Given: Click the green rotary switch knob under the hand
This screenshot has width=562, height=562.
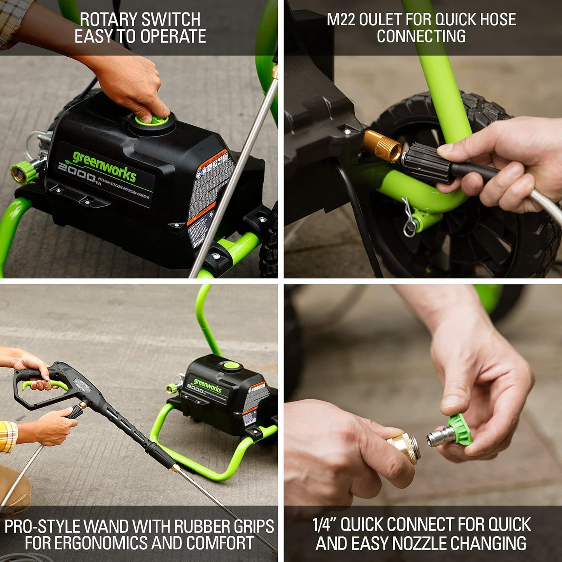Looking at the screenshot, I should point(152,119).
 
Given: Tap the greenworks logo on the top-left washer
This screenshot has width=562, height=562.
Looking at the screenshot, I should point(104,166).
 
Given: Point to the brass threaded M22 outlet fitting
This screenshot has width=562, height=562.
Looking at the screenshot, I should point(382,146).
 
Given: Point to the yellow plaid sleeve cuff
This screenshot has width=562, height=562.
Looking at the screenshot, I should point(9,436).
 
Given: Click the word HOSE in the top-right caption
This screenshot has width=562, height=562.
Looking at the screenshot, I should point(494,19).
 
